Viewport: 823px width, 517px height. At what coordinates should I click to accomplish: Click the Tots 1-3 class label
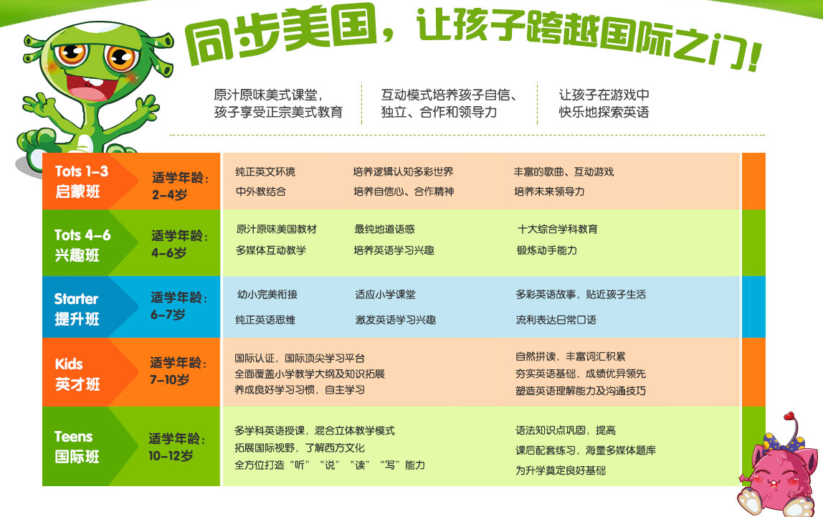81,181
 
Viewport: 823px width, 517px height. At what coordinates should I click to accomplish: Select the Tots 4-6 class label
82,245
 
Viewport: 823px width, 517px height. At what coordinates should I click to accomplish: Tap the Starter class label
77,308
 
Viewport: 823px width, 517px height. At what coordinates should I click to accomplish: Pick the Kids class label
77,374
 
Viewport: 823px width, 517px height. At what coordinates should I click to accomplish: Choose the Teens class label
77,447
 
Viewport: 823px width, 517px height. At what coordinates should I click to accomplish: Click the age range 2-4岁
169,195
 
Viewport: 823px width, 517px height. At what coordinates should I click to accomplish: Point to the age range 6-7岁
168,314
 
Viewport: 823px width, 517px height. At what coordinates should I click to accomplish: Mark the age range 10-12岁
171,455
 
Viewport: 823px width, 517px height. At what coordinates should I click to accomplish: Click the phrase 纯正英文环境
265,171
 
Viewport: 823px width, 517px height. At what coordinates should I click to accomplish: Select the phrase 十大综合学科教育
558,229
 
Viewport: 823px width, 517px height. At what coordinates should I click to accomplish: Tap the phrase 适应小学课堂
385,295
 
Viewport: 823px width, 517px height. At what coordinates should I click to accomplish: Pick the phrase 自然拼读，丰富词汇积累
570,356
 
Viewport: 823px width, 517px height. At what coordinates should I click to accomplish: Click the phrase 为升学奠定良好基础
560,470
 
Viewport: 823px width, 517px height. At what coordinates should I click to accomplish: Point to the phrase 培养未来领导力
549,191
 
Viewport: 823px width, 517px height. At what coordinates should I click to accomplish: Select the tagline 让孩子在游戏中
604,95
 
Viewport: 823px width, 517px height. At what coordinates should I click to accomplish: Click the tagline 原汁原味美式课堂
267,95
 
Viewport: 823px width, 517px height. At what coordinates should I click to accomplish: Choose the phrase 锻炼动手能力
546,250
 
